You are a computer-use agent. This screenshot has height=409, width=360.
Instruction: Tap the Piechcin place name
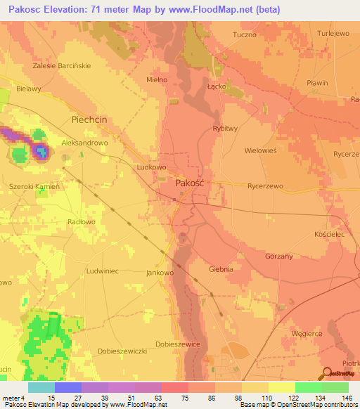(x=89, y=120)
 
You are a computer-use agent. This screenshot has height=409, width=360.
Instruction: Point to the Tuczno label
(x=245, y=33)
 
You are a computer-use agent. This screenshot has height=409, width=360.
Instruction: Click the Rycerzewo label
(x=265, y=186)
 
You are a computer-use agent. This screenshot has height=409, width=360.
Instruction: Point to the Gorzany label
(x=278, y=257)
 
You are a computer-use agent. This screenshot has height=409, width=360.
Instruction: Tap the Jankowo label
(x=160, y=272)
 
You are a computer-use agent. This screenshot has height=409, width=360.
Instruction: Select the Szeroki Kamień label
(x=34, y=187)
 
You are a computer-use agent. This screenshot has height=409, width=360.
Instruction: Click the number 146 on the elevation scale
(x=347, y=398)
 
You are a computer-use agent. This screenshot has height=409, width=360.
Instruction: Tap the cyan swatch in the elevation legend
(x=41, y=387)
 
